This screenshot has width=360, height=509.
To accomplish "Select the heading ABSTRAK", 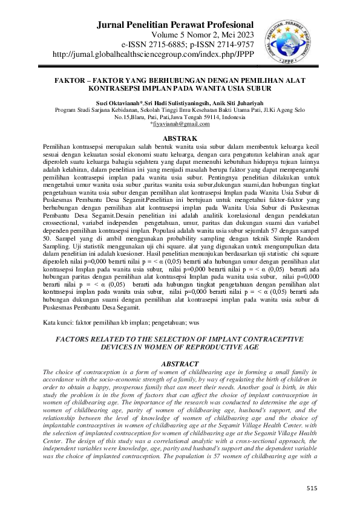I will [x=179, y=139].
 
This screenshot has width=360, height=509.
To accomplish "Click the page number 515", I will [x=312, y=487].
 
